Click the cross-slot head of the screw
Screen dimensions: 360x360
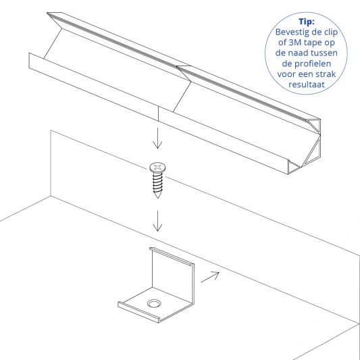click(x=157, y=166)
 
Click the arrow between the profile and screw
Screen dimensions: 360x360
click(x=157, y=138)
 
